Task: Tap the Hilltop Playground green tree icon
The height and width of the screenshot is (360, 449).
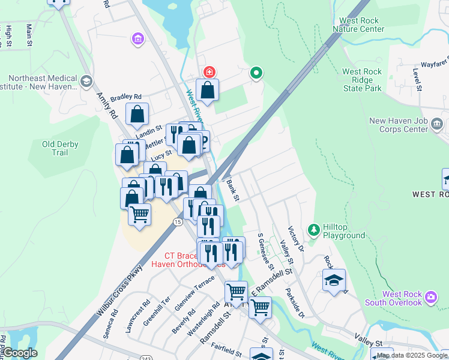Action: click(313, 230)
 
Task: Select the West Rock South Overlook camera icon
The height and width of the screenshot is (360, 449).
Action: click(430, 297)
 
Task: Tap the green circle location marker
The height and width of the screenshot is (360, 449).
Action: click(256, 73)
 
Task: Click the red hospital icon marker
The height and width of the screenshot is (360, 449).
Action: click(209, 72)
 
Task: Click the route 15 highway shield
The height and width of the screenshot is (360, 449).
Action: click(178, 222)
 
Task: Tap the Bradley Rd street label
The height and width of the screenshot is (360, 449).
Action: click(126, 97)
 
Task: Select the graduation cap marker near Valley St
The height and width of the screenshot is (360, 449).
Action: click(334, 280)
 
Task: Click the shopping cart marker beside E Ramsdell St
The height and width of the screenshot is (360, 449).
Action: click(259, 307)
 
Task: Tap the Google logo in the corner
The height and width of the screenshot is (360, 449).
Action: click(20, 353)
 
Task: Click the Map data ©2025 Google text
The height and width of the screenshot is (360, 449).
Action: click(412, 356)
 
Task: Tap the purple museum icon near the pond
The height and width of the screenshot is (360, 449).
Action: click(138, 40)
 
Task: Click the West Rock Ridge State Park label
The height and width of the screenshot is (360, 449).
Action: click(361, 80)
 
